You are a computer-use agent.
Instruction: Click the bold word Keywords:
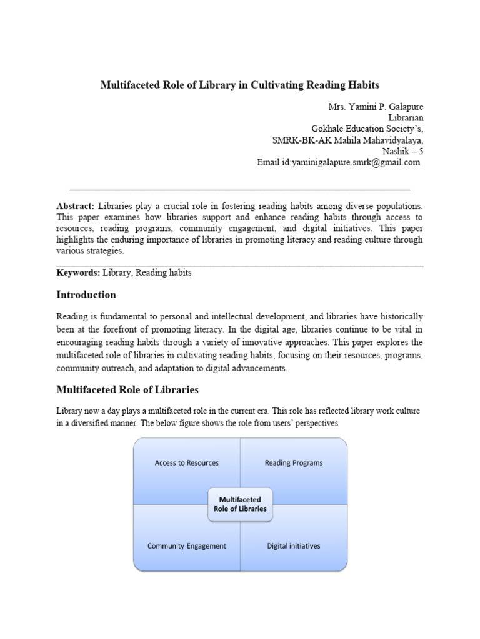78,273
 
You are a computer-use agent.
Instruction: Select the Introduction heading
86,295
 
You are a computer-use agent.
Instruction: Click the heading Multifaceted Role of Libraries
127,389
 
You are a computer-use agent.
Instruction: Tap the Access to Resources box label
187,463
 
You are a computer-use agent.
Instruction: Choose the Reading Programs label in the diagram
293,463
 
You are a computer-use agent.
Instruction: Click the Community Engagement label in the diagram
187,545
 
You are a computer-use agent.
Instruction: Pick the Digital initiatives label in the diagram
293,545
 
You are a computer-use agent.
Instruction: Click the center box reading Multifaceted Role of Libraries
240,504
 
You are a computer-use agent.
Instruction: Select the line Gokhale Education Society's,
371,129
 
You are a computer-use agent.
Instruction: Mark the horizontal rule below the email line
240,188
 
